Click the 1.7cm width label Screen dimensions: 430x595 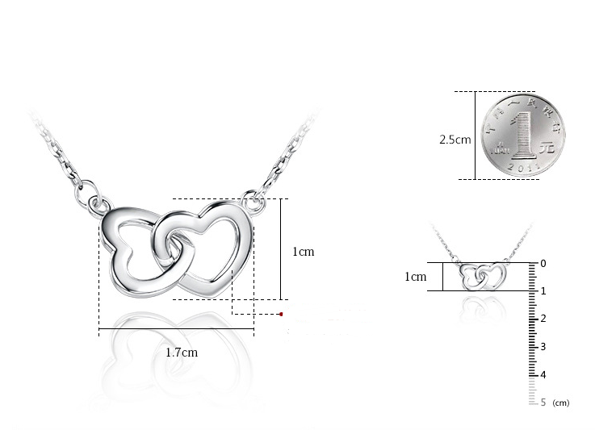click(x=182, y=353)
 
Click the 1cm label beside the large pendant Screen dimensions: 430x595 click(x=303, y=252)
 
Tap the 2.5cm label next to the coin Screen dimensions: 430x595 click(x=455, y=140)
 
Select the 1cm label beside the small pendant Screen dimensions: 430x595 click(x=415, y=277)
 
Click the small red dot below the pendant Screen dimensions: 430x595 click(x=281, y=313)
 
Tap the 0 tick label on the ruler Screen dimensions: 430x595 click(x=543, y=263)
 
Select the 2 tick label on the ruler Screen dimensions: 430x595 click(x=543, y=319)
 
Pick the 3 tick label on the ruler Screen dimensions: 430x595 click(x=543, y=346)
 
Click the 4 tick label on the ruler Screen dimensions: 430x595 click(x=543, y=374)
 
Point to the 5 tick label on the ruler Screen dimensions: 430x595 click(x=543, y=402)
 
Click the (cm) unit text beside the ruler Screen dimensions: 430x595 click(x=561, y=403)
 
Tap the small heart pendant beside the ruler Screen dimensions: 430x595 click(x=480, y=276)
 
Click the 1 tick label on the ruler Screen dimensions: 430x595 click(x=543, y=291)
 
